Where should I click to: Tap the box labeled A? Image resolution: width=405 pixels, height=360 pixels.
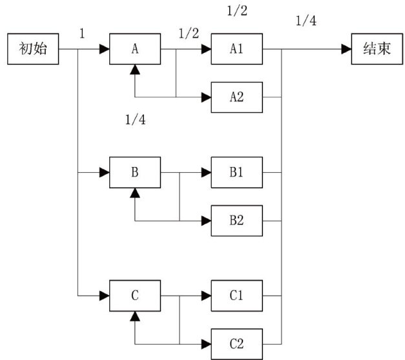tap(134, 49)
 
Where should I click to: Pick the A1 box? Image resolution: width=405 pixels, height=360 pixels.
tap(237, 49)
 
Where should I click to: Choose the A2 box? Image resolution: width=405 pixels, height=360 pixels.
tap(237, 97)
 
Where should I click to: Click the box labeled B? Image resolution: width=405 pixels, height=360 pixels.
tap(134, 172)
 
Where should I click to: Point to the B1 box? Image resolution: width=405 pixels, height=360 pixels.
tap(237, 172)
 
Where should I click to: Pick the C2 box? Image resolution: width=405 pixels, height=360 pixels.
tap(237, 343)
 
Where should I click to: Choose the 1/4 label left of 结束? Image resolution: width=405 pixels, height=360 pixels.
tap(306, 21)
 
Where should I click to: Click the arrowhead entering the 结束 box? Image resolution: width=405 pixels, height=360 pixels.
tap(347, 49)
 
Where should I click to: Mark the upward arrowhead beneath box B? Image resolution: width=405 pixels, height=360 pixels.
tap(134, 191)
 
